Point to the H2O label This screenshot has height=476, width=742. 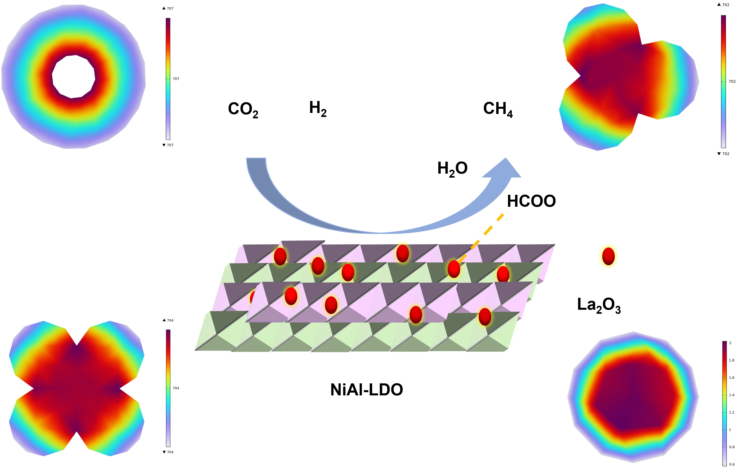tap(452, 169)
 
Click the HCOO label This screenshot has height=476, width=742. tap(531, 201)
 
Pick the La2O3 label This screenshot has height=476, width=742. tap(599, 305)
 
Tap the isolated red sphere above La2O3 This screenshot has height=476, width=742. tap(608, 256)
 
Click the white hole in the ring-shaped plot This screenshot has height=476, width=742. tap(73, 76)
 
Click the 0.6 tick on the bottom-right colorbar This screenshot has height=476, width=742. tap(731, 464)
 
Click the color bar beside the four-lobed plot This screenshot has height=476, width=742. tap(168, 388)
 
